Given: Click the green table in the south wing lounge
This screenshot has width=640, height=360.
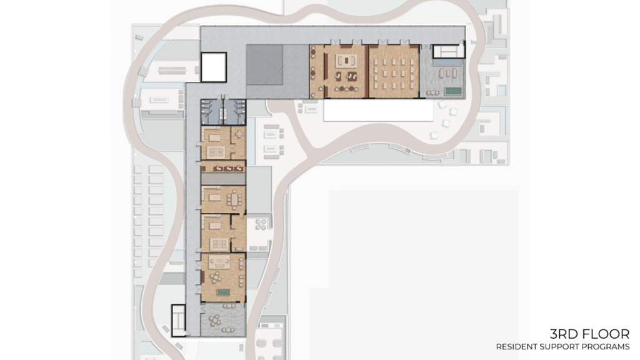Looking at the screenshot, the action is pyautogui.click(x=223, y=292).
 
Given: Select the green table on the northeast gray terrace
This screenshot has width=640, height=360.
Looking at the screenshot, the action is pyautogui.click(x=452, y=91).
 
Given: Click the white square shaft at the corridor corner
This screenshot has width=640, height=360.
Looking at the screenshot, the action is pyautogui.click(x=214, y=67).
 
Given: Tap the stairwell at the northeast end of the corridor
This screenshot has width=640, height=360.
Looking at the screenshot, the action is pyautogui.click(x=449, y=51).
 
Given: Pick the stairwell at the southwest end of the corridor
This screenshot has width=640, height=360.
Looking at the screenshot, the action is pyautogui.click(x=178, y=321).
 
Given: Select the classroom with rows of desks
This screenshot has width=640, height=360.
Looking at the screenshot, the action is pyautogui.click(x=394, y=71).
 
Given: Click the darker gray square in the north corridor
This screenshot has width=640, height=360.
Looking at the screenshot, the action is pyautogui.click(x=264, y=65).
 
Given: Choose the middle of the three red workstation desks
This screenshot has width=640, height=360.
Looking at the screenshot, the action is pyautogui.click(x=229, y=167).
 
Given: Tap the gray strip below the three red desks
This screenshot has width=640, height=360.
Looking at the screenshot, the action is pyautogui.click(x=223, y=179).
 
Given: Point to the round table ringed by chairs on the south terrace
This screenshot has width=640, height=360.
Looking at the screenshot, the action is pyautogui.click(x=215, y=321).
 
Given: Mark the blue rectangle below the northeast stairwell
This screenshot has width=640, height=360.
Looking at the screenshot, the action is pyautogui.click(x=449, y=62).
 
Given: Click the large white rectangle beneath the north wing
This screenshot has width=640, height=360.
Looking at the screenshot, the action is pyautogui.click(x=378, y=111).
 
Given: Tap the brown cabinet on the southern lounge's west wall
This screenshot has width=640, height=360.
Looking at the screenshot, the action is pyautogui.click(x=203, y=277).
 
